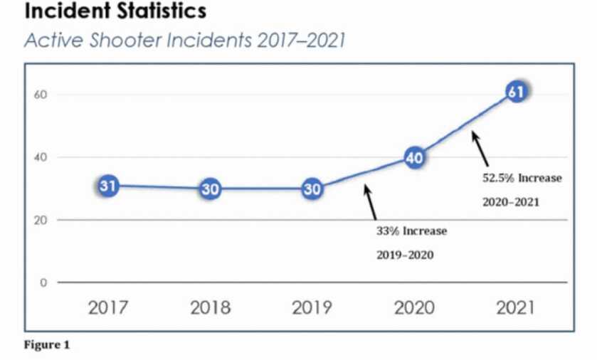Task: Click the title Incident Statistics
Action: [x=115, y=11]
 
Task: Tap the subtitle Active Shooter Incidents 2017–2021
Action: [x=185, y=41]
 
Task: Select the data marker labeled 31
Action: [x=107, y=186]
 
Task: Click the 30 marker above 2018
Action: [x=210, y=189]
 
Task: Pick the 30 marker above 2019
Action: [x=312, y=189]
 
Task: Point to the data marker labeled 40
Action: [x=415, y=158]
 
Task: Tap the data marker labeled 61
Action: [x=517, y=92]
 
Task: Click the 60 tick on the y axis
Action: [x=41, y=95]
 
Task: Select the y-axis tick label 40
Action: [x=41, y=157]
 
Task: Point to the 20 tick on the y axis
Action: [x=41, y=220]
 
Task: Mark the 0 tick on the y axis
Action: [x=43, y=282]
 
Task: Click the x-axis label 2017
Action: [x=108, y=308]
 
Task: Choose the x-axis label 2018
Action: [x=211, y=308]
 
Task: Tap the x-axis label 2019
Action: [x=312, y=308]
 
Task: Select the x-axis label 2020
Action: [x=415, y=308]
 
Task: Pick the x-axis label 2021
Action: [x=516, y=308]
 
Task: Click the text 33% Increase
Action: [x=412, y=231]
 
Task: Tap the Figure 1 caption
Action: [x=47, y=346]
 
